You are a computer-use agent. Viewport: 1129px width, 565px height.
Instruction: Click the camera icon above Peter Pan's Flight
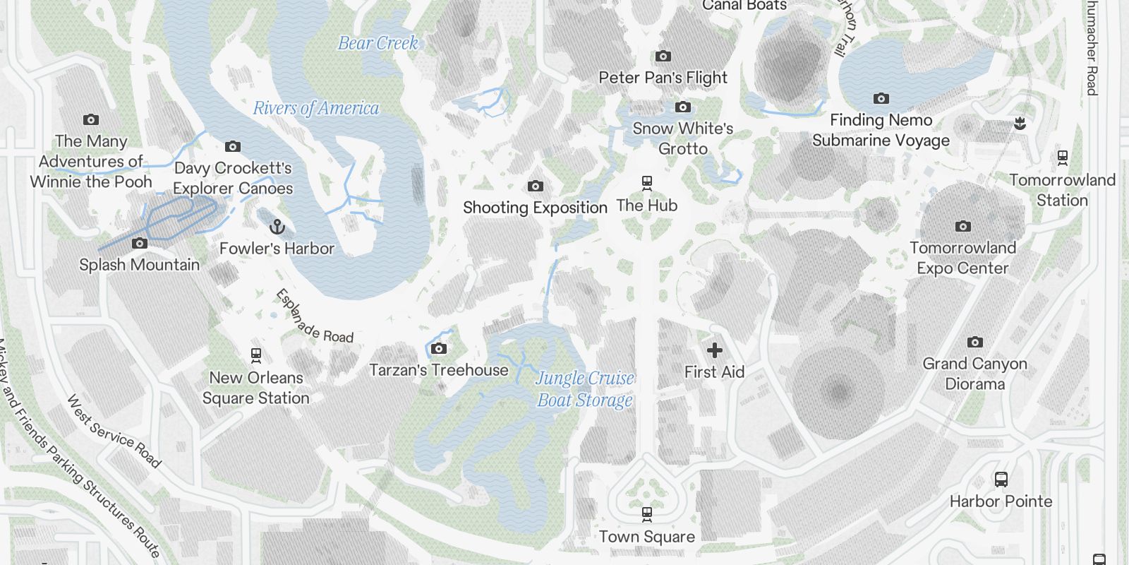[x=663, y=56]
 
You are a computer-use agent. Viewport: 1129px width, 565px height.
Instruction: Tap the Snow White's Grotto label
[x=683, y=138]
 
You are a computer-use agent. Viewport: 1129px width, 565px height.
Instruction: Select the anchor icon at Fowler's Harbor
[x=277, y=227]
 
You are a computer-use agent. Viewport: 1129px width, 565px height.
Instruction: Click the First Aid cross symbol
[x=714, y=350]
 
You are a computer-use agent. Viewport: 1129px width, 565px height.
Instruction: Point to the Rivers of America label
[x=315, y=108]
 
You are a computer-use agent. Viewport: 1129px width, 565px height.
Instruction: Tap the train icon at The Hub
[x=647, y=184]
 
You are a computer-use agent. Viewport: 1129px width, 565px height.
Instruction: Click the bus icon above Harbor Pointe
[x=1001, y=480]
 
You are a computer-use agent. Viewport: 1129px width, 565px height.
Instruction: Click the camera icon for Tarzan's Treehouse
[x=439, y=348]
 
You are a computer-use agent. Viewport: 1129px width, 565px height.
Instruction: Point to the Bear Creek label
[x=378, y=43]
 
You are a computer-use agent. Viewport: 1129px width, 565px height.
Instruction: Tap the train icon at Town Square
[x=647, y=515]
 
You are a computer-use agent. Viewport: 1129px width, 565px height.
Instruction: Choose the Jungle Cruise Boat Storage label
[x=585, y=389]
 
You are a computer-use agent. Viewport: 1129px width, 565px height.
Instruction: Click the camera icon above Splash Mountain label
[x=140, y=244]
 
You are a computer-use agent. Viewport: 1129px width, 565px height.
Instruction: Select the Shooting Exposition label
[x=535, y=208]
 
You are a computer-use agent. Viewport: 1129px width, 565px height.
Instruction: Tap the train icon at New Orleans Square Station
[x=256, y=355]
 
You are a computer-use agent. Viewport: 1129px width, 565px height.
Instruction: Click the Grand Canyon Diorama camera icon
[x=974, y=343]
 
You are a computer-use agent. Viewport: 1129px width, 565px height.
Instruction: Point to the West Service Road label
[x=114, y=431]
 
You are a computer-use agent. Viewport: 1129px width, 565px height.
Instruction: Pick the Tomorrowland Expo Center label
[x=962, y=258]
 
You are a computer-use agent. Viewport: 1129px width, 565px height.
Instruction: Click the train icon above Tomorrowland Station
[x=1062, y=157]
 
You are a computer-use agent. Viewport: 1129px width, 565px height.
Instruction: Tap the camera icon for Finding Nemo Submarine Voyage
[x=881, y=99]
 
